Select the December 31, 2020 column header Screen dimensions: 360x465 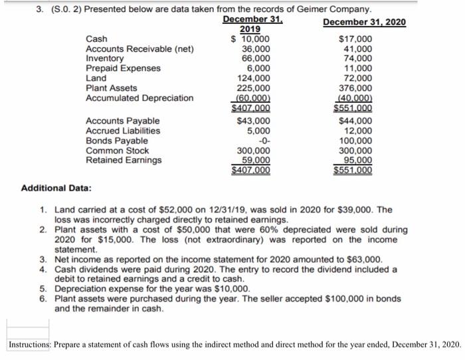365,23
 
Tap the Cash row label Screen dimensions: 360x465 97,39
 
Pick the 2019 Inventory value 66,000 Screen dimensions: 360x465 256,58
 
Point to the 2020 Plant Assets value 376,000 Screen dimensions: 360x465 356,88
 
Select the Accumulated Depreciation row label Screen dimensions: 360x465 140,98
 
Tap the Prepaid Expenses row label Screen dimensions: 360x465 123,68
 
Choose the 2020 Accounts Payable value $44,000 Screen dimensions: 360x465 355,121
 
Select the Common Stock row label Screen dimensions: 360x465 118,151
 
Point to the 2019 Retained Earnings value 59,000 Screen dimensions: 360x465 256,160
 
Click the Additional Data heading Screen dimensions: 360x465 56,189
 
